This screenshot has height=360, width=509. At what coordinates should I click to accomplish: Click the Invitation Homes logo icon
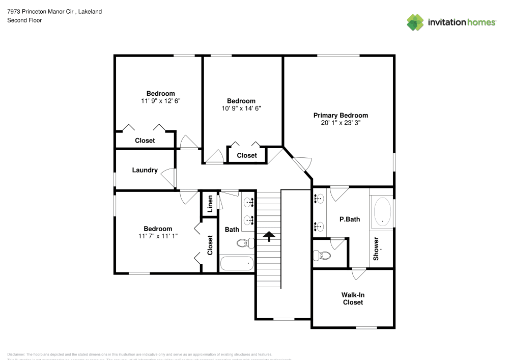pyautogui.click(x=415, y=22)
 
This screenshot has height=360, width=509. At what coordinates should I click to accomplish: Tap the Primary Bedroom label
pyautogui.click(x=341, y=116)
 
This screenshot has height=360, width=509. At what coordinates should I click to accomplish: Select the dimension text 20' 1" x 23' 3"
pyautogui.click(x=341, y=123)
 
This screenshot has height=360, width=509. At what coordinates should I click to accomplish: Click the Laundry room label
pyautogui.click(x=145, y=170)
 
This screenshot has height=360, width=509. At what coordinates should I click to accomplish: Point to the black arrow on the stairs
pyautogui.click(x=268, y=235)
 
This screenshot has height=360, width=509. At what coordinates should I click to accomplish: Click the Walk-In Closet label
pyautogui.click(x=353, y=298)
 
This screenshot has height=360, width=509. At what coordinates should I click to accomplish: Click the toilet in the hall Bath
pyautogui.click(x=245, y=243)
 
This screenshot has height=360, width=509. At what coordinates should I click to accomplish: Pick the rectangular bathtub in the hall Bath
pyautogui.click(x=237, y=263)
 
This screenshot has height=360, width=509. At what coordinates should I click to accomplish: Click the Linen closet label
pyautogui.click(x=210, y=204)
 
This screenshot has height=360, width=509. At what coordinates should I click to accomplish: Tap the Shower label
pyautogui.click(x=376, y=248)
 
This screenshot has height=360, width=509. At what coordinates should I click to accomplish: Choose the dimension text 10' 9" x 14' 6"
pyautogui.click(x=241, y=108)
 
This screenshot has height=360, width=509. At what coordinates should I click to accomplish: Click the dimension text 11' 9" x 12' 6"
pyautogui.click(x=161, y=101)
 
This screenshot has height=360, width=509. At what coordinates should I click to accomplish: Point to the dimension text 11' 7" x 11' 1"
pyautogui.click(x=158, y=236)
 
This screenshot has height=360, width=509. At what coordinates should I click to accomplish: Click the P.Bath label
pyautogui.click(x=350, y=219)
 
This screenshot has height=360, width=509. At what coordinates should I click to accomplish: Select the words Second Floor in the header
pyautogui.click(x=24, y=20)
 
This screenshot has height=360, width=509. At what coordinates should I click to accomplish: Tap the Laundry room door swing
pyautogui.click(x=168, y=177)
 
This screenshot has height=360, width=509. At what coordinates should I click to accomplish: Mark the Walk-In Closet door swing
pyautogui.click(x=358, y=273)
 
